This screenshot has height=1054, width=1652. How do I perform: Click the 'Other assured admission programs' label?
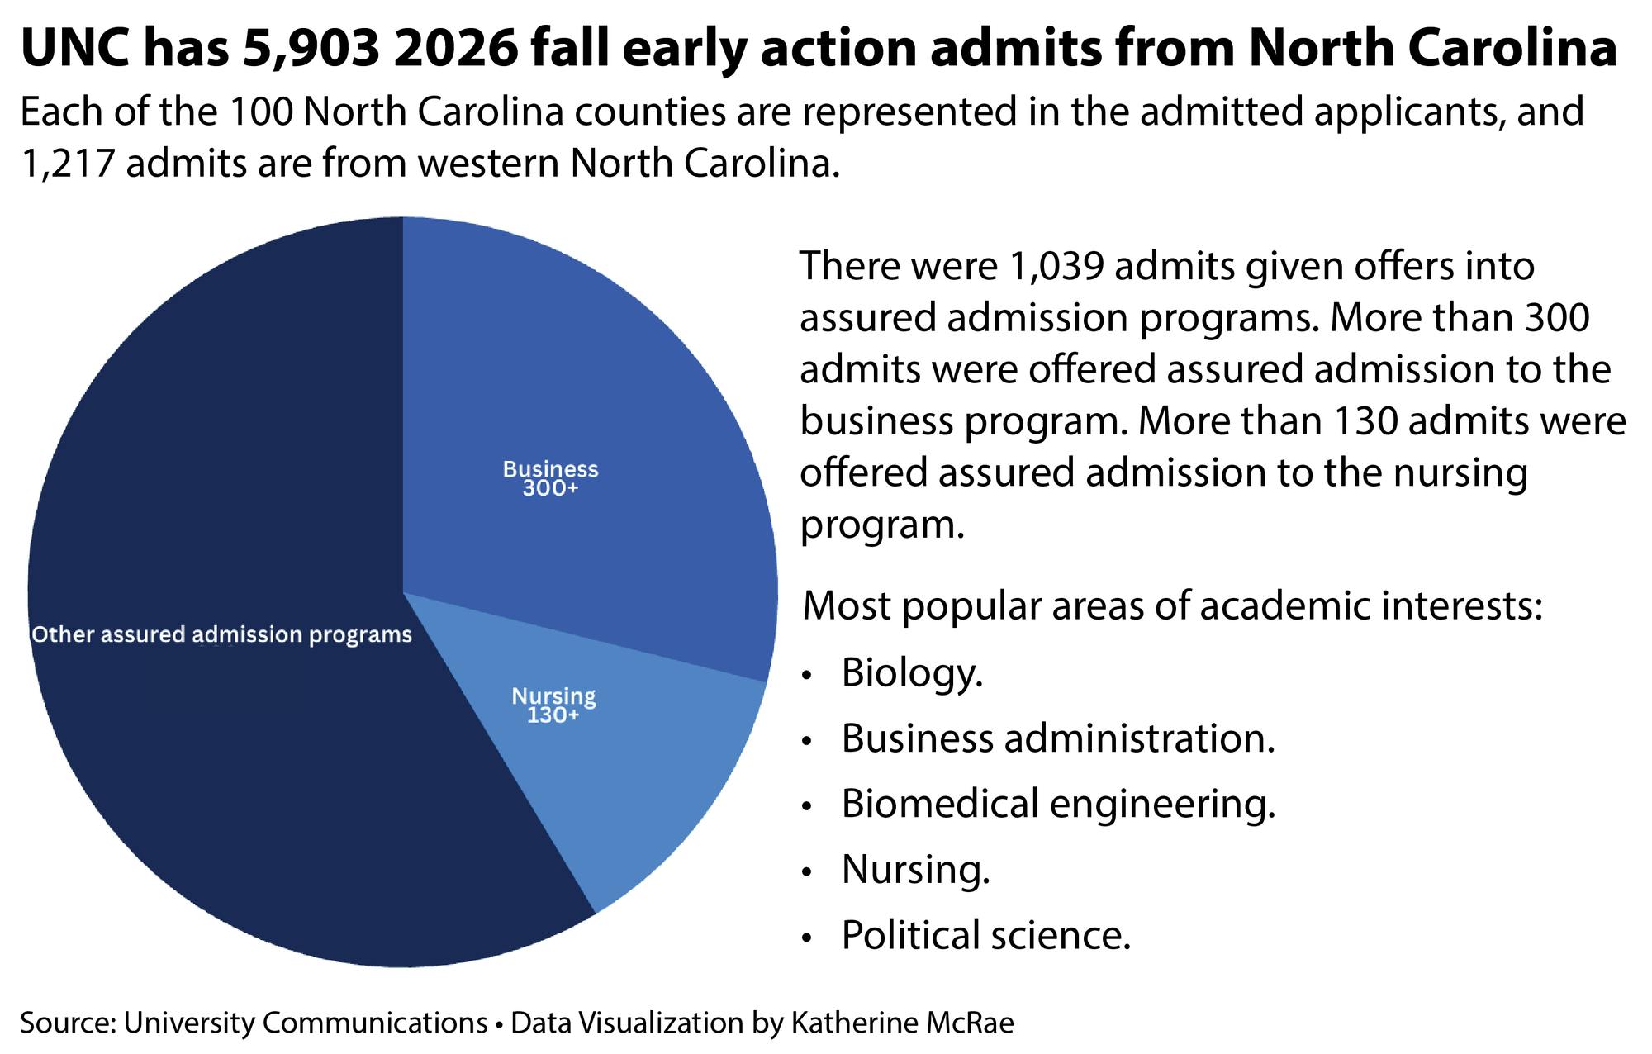click(x=221, y=634)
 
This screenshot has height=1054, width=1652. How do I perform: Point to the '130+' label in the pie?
click(x=553, y=715)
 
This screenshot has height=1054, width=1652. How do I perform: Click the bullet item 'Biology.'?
click(x=912, y=672)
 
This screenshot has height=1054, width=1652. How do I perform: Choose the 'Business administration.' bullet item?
click(x=1058, y=738)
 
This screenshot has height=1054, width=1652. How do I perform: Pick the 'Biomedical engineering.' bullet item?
click(x=1058, y=804)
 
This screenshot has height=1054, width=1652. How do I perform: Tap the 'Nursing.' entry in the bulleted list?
click(x=915, y=869)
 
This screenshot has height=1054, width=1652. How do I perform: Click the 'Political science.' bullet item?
click(x=985, y=935)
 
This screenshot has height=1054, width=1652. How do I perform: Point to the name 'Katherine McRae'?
click(x=902, y=1023)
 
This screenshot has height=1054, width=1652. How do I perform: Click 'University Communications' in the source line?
click(x=306, y=1023)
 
